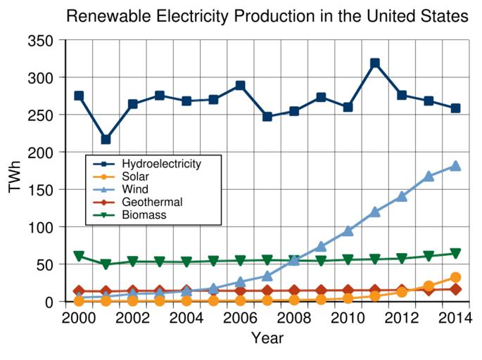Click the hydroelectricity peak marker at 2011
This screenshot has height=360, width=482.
coord(375,63)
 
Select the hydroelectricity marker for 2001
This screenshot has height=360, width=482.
coord(106,139)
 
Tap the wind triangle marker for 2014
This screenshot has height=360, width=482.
coord(455,166)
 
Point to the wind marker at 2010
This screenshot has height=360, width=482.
coord(348,231)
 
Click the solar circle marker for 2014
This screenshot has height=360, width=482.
coord(455,278)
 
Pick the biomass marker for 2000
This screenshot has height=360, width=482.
coord(79,257)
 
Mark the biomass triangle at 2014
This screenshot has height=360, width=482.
coord(455,254)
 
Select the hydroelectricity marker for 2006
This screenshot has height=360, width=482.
coord(240,86)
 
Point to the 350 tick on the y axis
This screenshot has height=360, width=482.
coord(42,41)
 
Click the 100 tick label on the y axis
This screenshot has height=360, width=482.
coord(42,227)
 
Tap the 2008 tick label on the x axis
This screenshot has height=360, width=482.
coord(294,318)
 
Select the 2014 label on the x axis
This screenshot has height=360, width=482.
coord(455,318)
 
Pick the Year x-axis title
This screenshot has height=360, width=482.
coord(267,339)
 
